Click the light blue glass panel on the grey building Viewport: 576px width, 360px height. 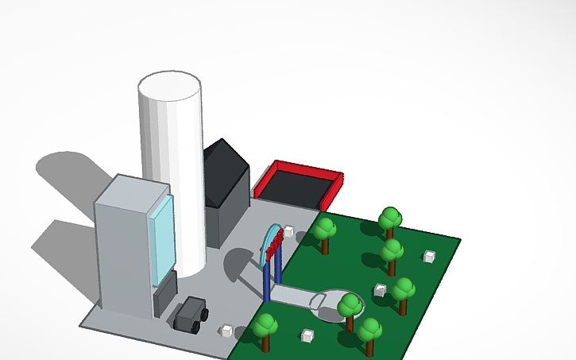pos(161,235)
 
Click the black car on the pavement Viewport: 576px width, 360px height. pos(191,314)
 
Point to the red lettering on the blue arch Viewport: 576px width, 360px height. pos(275,246)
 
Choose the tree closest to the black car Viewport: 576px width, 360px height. pos(265,328)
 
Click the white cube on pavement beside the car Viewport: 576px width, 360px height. pos(227,329)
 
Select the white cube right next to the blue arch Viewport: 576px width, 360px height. pos(301,235)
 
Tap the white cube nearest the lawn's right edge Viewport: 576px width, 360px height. pos(429,256)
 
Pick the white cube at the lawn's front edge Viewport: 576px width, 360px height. pos(307,336)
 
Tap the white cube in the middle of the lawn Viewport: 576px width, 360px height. pos(381,290)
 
